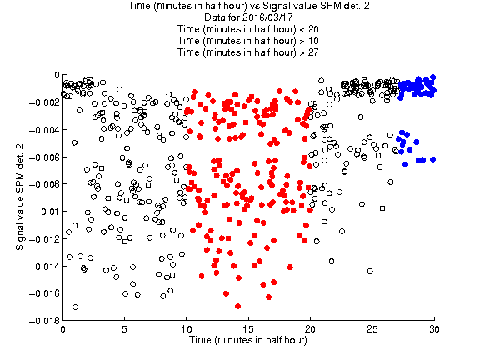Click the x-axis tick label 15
pyautogui.click(x=248, y=329)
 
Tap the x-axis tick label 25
pyautogui.click(x=372, y=329)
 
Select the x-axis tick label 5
pyautogui.click(x=124, y=329)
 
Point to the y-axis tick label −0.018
pyautogui.click(x=44, y=321)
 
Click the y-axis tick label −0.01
pyautogui.click(x=47, y=212)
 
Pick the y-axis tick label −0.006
pyautogui.click(x=44, y=157)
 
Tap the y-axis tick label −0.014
pyautogui.click(x=44, y=267)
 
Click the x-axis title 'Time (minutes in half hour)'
pyautogui.click(x=248, y=340)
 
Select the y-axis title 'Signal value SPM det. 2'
pyautogui.click(x=20, y=197)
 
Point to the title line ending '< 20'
pyautogui.click(x=248, y=29)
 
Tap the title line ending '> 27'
pyautogui.click(x=248, y=52)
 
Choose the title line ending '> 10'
pyautogui.click(x=248, y=41)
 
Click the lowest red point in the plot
pyautogui.click(x=237, y=306)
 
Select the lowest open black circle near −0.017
pyautogui.click(x=75, y=307)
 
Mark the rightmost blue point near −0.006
pyautogui.click(x=432, y=159)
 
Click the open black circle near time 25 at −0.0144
pyautogui.click(x=370, y=271)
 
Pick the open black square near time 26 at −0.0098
pyautogui.click(x=382, y=208)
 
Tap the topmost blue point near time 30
pyautogui.click(x=432, y=77)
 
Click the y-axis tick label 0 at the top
pyautogui.click(x=57, y=75)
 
